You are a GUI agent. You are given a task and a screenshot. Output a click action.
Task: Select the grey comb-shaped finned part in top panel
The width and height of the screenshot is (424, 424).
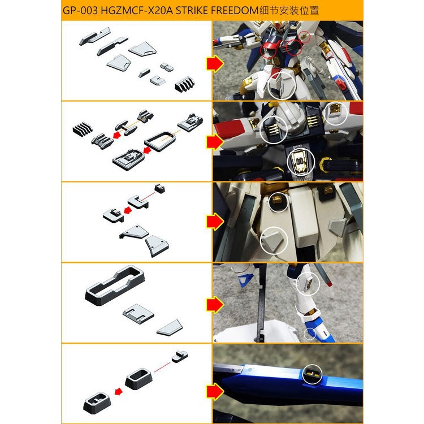point(185,85)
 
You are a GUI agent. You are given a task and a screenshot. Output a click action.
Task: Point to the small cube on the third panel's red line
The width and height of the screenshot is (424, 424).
point(159,188)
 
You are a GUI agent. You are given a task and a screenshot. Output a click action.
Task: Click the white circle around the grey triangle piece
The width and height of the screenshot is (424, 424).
point(275,240)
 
